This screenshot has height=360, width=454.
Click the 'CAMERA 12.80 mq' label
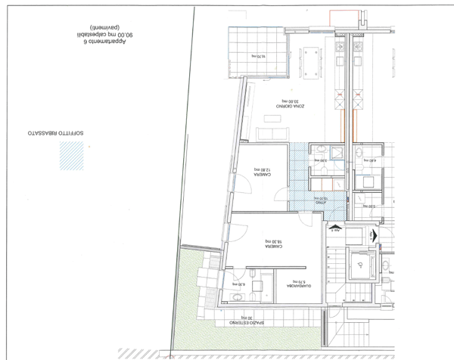[x=260, y=172]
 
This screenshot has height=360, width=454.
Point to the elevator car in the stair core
[x=362, y=265]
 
